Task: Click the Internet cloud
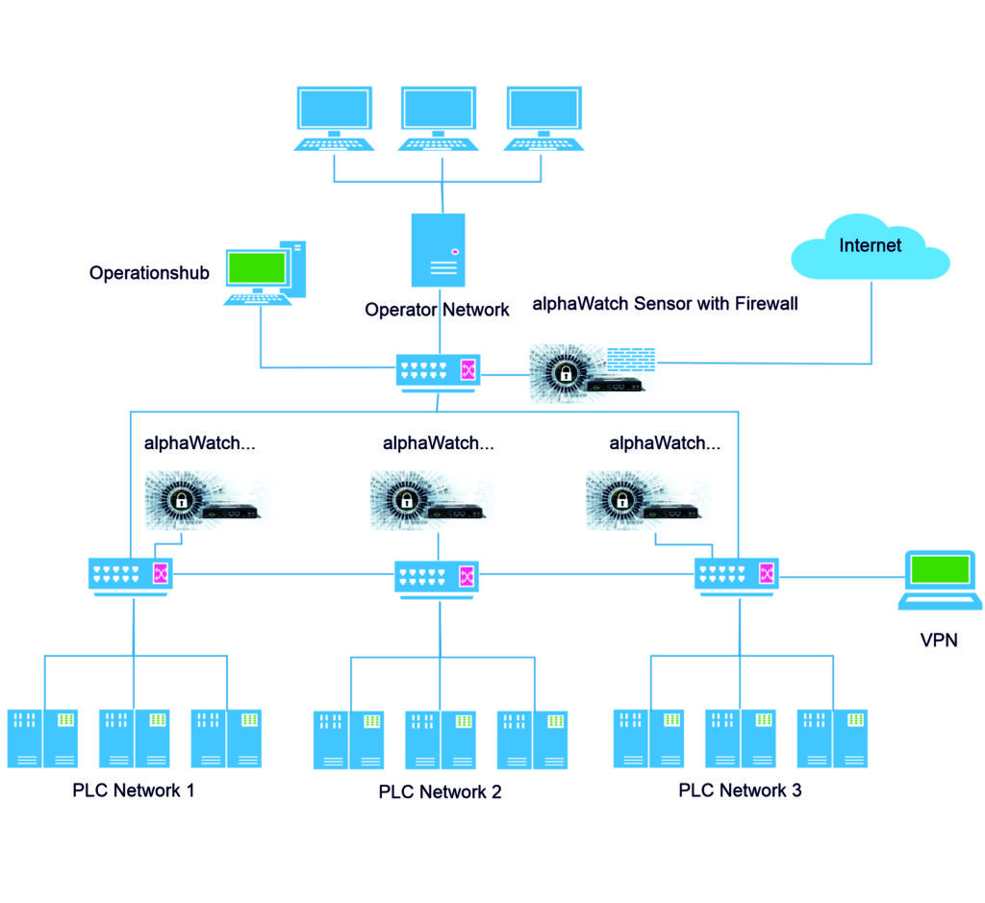click(x=870, y=252)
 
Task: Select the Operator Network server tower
click(x=438, y=250)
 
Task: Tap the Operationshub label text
click(x=149, y=273)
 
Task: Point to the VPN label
click(x=939, y=640)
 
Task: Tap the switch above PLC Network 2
click(x=439, y=577)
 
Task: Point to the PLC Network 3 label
click(x=740, y=790)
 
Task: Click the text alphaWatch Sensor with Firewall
click(x=665, y=305)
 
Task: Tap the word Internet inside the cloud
click(x=870, y=245)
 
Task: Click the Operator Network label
click(x=437, y=310)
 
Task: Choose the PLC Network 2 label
click(x=440, y=792)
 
